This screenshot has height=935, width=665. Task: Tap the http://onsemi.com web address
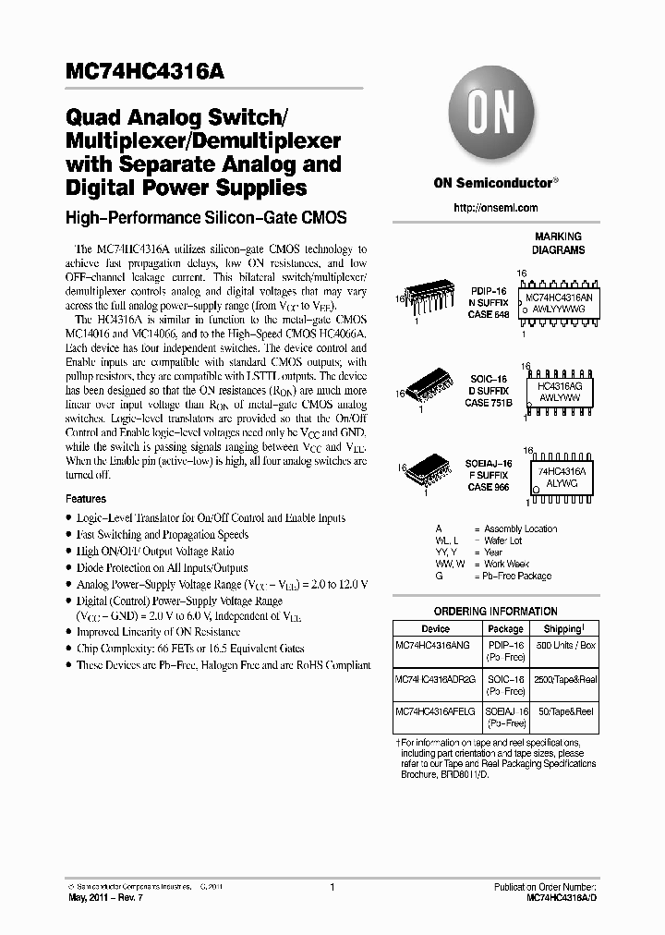click(495, 208)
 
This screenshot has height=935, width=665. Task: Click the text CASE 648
click(489, 315)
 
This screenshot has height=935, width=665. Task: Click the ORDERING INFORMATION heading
click(495, 612)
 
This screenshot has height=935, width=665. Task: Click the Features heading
click(86, 499)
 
